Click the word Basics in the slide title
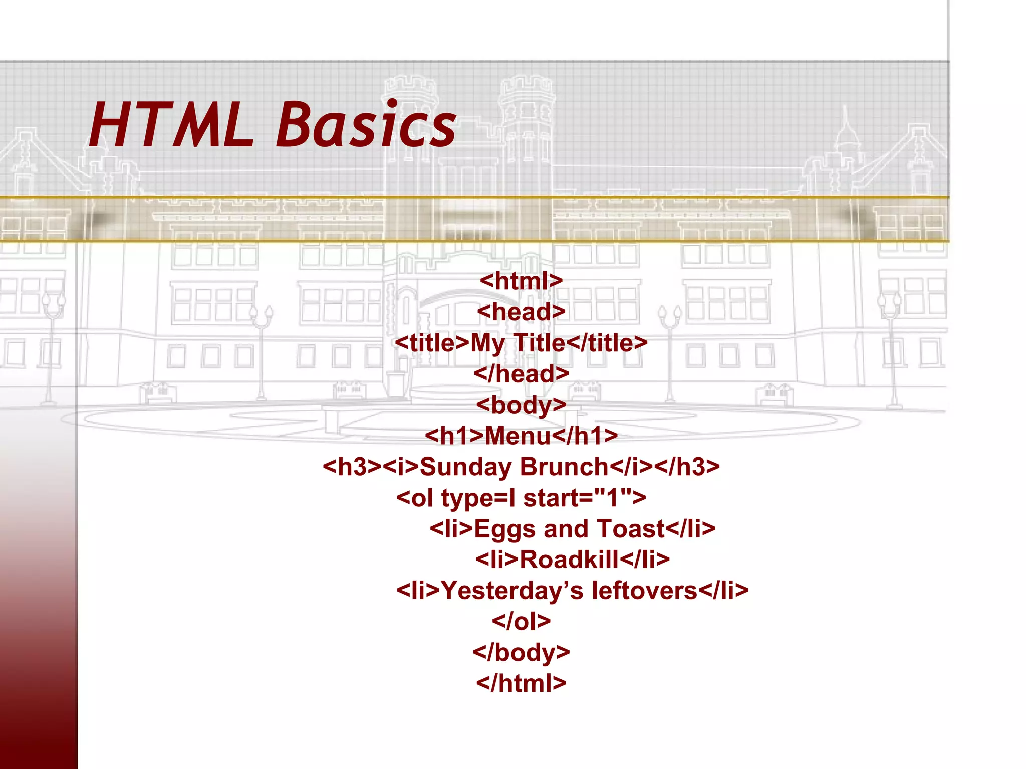[x=366, y=125]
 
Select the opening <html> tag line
[x=521, y=281]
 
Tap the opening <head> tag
[x=521, y=312]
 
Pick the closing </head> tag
[x=521, y=374]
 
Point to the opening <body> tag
[x=521, y=405]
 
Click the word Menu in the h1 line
[x=518, y=436]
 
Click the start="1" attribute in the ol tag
[x=584, y=498]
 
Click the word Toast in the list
[x=631, y=529]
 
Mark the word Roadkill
[x=569, y=560]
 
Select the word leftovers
[x=644, y=591]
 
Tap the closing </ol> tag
[x=521, y=622]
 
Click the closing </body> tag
[x=521, y=653]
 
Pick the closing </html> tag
[x=521, y=683]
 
